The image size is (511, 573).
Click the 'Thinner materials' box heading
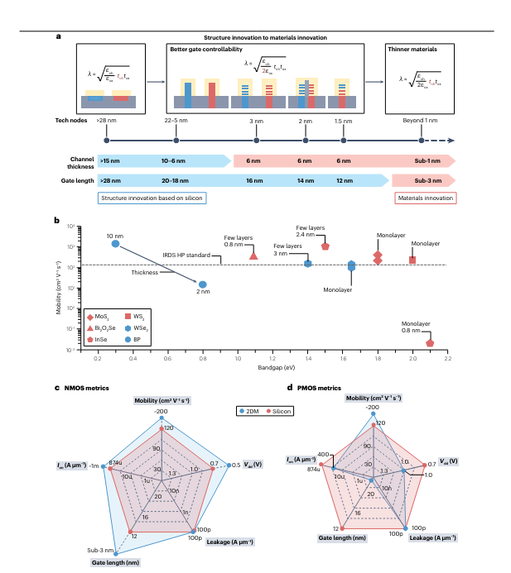413,50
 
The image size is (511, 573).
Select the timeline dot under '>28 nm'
106,141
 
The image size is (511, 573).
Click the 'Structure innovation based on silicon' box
151,198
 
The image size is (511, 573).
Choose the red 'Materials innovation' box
425,198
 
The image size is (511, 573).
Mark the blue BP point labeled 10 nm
116,244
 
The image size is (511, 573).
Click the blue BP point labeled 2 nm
202,284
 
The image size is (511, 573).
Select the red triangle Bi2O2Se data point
253,255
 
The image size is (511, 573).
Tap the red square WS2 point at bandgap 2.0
412,260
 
